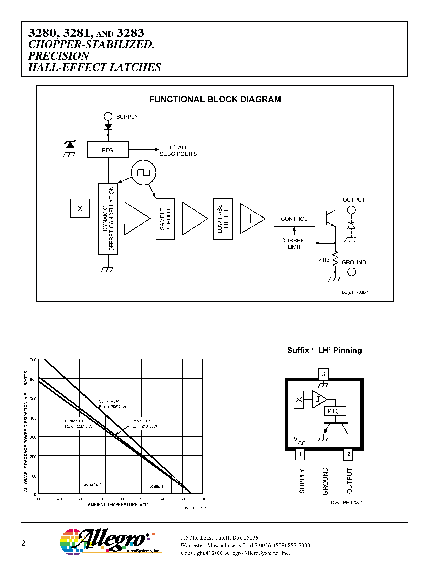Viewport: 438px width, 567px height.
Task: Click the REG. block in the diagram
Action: point(108,149)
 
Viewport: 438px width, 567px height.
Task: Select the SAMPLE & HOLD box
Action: point(165,219)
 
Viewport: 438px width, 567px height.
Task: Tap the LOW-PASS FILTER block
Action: point(223,219)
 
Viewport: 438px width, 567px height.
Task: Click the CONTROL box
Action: point(294,219)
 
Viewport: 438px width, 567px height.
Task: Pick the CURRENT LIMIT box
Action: point(294,243)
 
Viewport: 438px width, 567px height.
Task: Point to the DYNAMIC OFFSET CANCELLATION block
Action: point(108,219)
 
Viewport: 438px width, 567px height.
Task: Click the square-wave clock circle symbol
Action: point(143,172)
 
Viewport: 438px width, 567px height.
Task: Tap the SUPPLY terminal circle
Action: point(108,116)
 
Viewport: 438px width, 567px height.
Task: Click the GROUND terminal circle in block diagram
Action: point(352,272)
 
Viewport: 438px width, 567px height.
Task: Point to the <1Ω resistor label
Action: point(324,260)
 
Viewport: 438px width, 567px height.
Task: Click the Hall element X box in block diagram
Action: point(80,208)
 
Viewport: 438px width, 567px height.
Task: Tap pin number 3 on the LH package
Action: point(323,374)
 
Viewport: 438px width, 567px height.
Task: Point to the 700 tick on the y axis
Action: point(33,360)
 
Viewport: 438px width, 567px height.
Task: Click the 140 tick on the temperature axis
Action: point(162,499)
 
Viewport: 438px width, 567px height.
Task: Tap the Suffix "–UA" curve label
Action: point(109,401)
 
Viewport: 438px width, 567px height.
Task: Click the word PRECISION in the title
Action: point(59,56)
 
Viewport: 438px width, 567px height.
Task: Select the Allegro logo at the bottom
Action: point(112,542)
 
